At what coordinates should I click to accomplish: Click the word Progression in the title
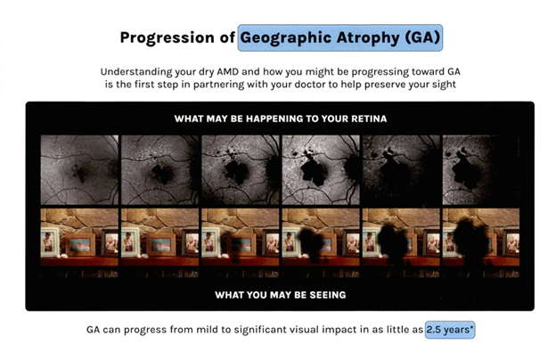click(x=167, y=38)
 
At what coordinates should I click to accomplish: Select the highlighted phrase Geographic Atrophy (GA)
click(x=340, y=37)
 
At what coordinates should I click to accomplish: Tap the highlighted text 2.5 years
click(x=450, y=330)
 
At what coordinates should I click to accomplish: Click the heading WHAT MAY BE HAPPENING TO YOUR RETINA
click(x=281, y=119)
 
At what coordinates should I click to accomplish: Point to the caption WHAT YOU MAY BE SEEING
click(x=281, y=295)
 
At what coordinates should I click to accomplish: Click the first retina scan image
click(x=79, y=170)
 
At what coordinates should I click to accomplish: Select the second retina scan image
click(x=159, y=170)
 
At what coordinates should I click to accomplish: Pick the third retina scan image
click(x=241, y=170)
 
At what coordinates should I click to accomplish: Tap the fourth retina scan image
click(x=321, y=170)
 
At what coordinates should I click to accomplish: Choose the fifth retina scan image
click(x=401, y=170)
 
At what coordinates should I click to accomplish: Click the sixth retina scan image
click(x=481, y=170)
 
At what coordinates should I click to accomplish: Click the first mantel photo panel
click(x=79, y=243)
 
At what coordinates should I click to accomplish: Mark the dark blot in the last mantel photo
click(x=470, y=241)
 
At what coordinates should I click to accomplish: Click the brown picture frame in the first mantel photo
click(x=80, y=245)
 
